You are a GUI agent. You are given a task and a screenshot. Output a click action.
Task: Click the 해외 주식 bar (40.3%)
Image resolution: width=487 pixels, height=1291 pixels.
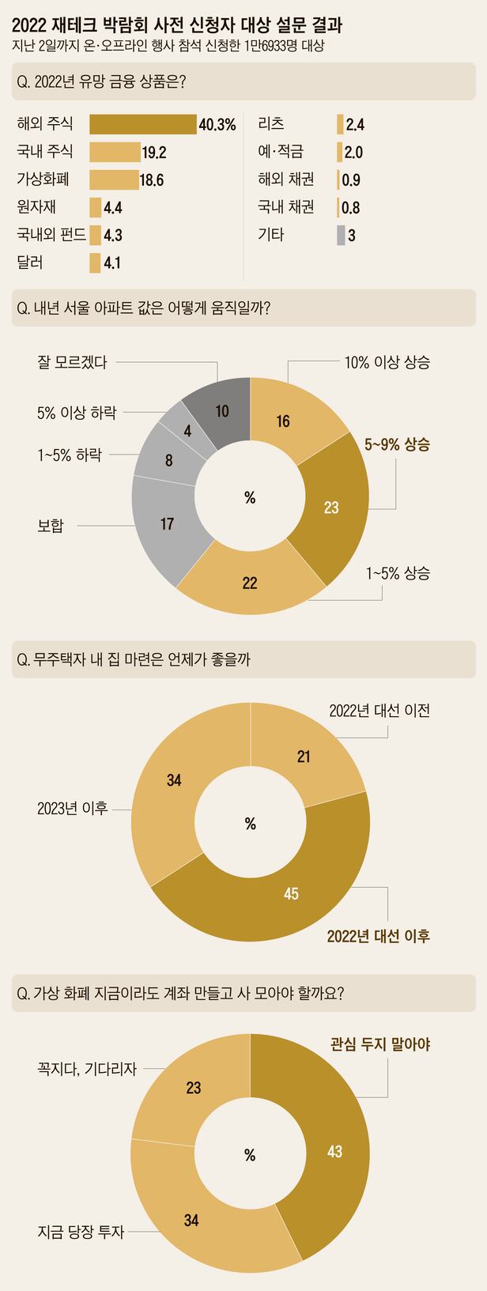point(142,124)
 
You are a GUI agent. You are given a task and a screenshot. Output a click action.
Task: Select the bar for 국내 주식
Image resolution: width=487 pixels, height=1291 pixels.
point(115,152)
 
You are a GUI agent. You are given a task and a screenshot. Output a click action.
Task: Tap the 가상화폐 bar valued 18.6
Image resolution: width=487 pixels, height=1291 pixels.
point(113,179)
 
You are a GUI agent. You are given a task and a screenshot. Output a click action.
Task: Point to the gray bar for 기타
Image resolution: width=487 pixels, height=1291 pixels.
point(341,235)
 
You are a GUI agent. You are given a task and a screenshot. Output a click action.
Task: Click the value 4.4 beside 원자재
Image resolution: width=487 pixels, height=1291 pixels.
point(112,208)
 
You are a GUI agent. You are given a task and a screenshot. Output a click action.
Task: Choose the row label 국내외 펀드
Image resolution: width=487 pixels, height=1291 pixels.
point(51,235)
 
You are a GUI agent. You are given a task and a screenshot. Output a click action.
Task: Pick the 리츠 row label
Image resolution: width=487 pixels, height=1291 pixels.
point(271,124)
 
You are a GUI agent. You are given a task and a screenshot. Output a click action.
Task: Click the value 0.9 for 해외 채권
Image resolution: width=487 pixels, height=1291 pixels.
point(351,179)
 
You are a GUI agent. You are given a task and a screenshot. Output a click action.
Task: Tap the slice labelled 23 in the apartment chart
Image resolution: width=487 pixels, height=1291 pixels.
point(330,506)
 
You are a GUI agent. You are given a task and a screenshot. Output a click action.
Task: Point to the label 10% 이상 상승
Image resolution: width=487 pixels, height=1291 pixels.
point(387,363)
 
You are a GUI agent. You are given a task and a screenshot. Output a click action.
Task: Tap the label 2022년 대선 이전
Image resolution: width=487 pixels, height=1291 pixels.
point(379,710)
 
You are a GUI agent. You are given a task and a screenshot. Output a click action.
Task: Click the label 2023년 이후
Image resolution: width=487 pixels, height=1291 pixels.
point(72,808)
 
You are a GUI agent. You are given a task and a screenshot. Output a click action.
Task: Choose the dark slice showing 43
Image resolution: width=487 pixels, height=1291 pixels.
point(334,1151)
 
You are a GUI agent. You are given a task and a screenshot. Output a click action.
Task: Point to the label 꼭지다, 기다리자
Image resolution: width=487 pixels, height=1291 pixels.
point(87,1069)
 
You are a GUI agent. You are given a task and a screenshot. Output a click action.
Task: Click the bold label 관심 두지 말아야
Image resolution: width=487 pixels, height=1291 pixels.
point(380,1044)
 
